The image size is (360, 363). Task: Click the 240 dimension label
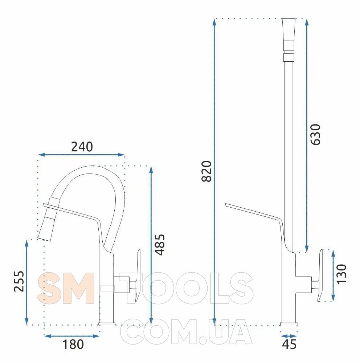coord(82,147)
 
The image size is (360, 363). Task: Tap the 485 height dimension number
coord(160,245)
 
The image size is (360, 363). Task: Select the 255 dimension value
coord(19,281)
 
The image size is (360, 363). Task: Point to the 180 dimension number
coord(73,344)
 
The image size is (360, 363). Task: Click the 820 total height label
coord(206,171)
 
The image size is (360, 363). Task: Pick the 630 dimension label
coord(316,135)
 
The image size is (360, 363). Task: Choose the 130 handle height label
coord(342,274)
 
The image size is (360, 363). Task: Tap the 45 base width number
coord(289,344)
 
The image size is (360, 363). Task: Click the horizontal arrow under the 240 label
coord(81,155)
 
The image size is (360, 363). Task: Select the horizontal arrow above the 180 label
coord(72,336)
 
